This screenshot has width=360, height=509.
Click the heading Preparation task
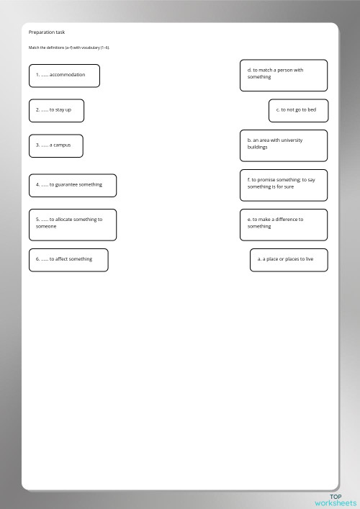tap(46, 32)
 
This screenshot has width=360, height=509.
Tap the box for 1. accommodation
tap(64, 76)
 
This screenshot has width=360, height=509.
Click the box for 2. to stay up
tap(56, 110)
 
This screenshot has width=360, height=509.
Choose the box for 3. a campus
tap(55, 145)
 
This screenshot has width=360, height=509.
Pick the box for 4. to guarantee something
tap(72, 185)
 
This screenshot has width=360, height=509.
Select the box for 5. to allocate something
tap(72, 225)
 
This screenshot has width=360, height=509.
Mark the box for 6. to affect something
tap(68, 260)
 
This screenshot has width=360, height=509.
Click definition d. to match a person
tap(283, 75)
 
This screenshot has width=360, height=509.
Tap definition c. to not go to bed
tap(297, 110)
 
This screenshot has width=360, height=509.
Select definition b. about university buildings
tap(283, 145)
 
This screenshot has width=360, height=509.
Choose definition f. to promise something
tap(283, 184)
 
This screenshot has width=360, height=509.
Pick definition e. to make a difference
tap(283, 224)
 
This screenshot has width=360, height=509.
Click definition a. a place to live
tap(288, 260)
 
